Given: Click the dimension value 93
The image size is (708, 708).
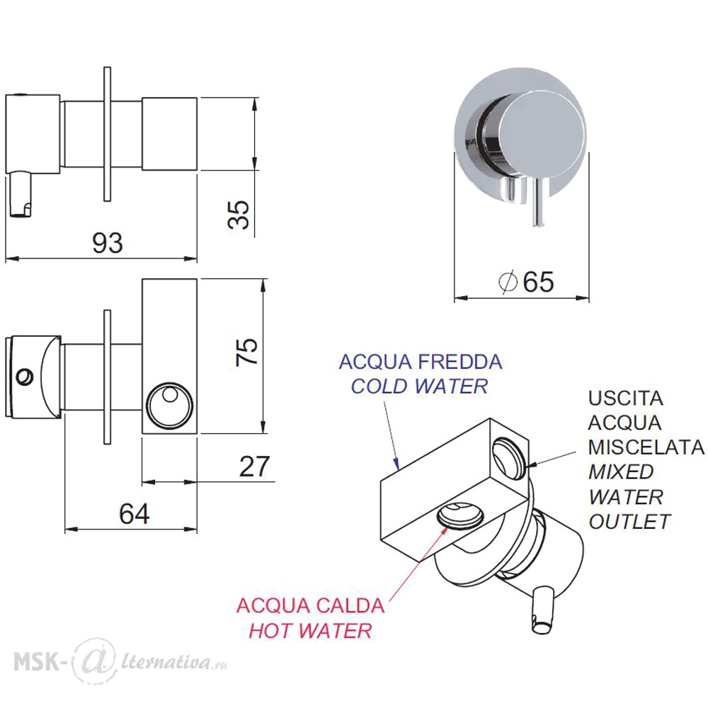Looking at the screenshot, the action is click(108, 242).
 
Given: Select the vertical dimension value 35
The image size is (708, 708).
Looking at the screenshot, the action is click(239, 215).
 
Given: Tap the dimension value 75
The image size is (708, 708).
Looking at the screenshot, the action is click(247, 351).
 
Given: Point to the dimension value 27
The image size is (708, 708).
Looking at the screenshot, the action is click(254, 466).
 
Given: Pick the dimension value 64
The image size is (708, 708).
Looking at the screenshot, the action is click(134, 513).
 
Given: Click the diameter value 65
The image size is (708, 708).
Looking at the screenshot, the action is click(538, 282).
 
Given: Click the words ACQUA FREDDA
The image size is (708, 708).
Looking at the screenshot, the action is click(421, 362).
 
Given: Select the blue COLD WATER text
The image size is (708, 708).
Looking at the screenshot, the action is click(419, 387).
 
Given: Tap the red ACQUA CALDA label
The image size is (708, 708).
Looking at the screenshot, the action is click(311, 605).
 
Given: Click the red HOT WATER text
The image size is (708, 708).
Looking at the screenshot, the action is click(311, 630).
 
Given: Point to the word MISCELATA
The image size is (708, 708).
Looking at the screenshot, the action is click(646, 447).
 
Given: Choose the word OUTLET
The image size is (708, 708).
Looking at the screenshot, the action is click(629, 522).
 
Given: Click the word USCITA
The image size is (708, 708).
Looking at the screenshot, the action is click(625, 398).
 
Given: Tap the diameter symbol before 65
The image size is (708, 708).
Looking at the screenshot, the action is click(508, 282).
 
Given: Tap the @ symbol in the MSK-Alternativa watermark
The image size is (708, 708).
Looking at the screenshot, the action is click(93, 661).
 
